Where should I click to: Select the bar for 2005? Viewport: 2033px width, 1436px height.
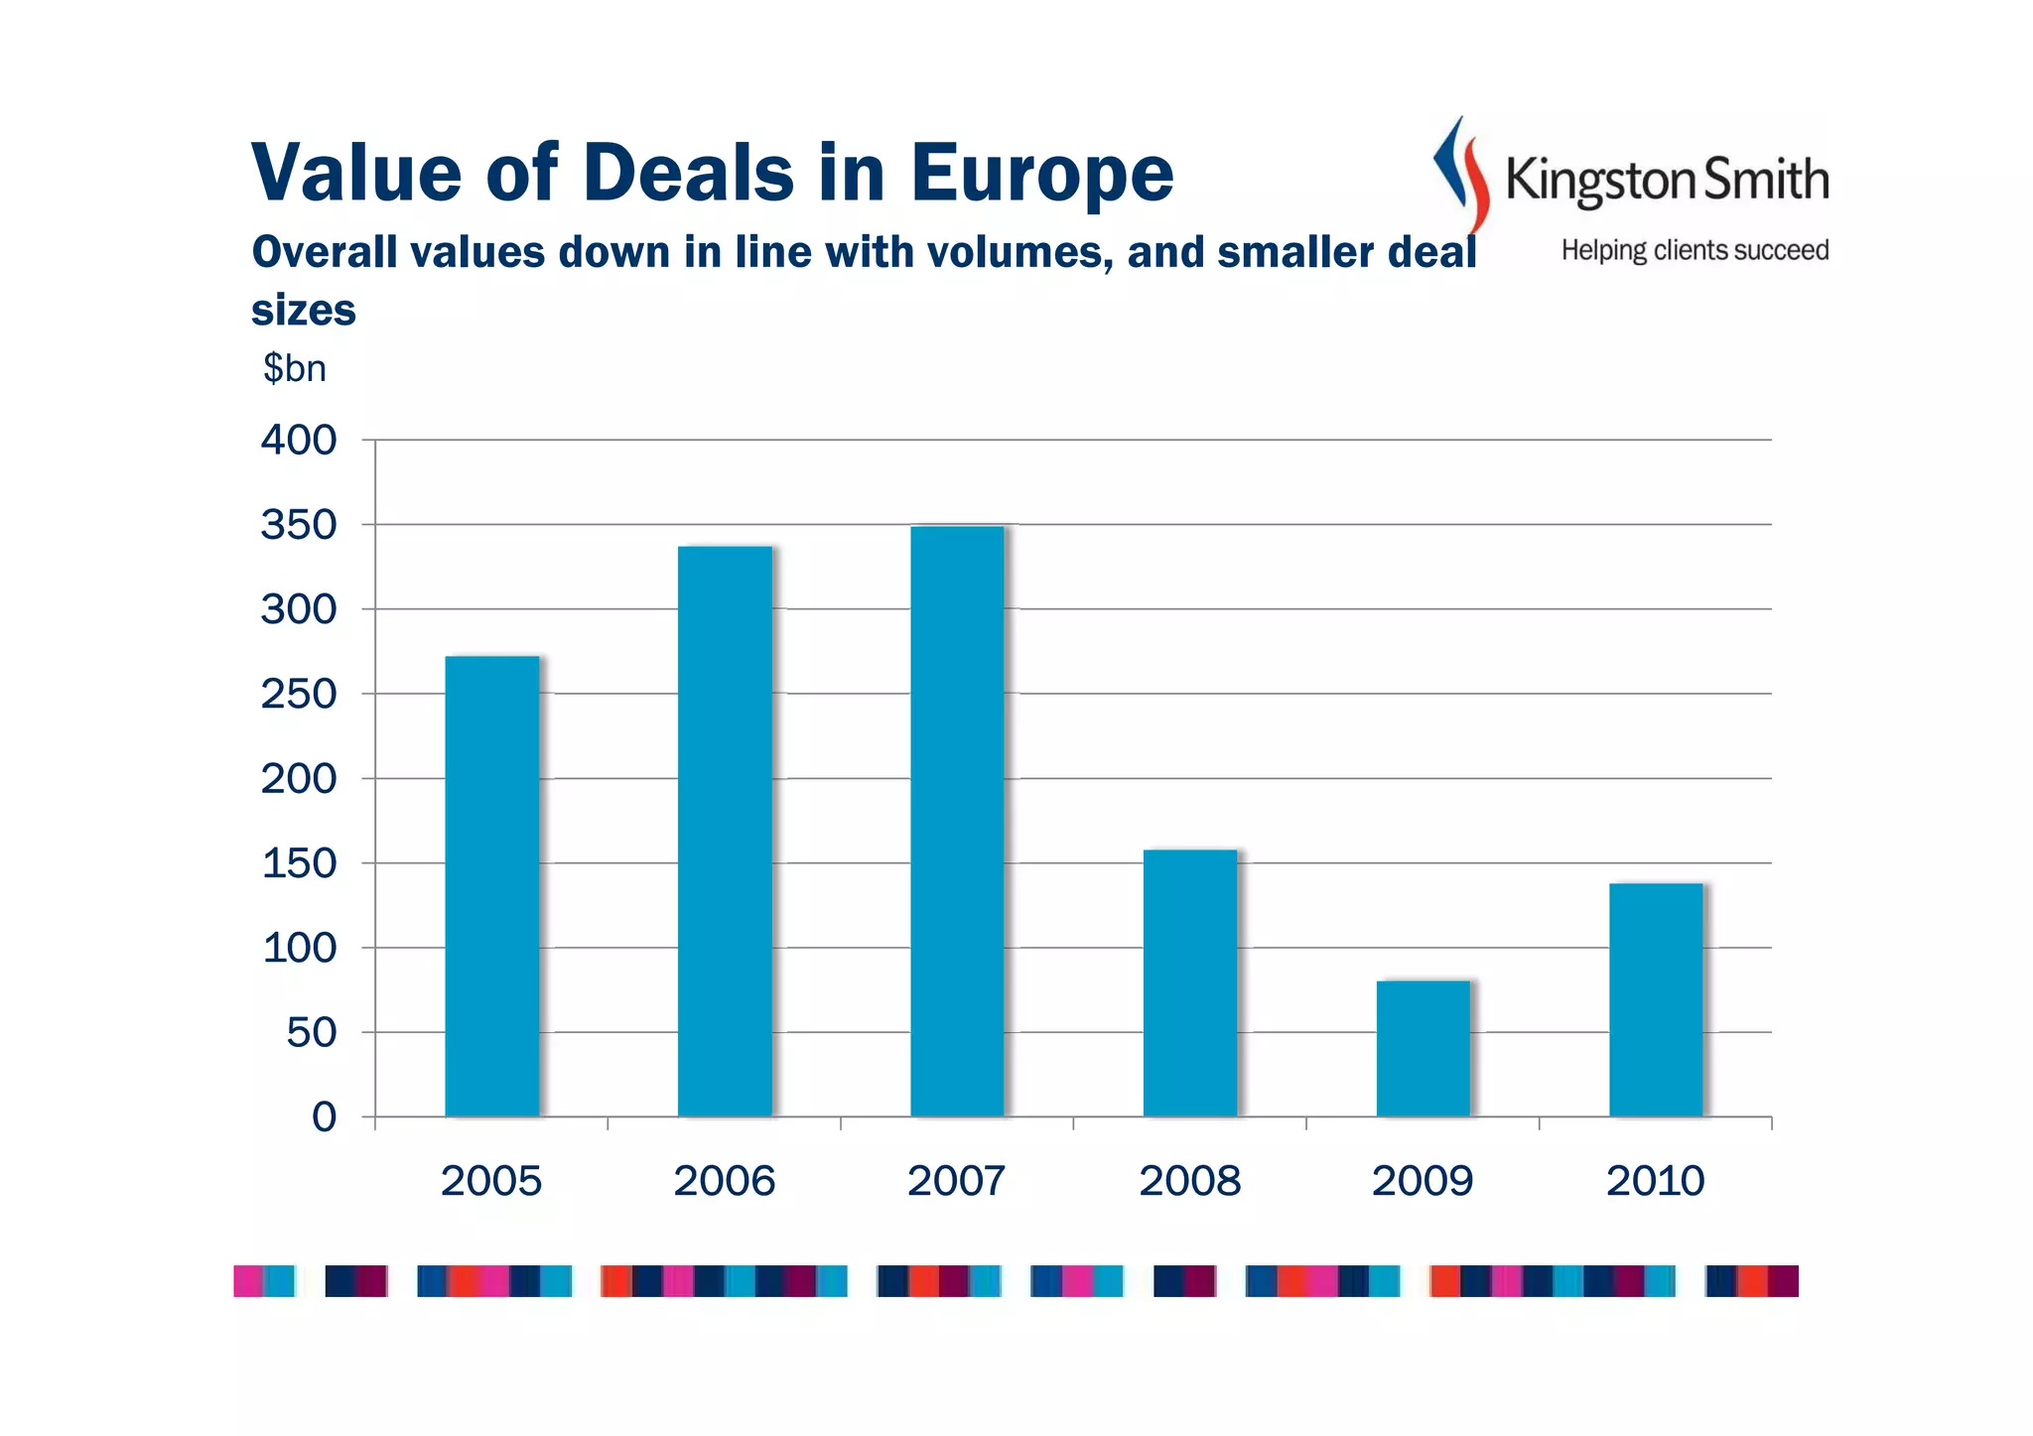point(491,886)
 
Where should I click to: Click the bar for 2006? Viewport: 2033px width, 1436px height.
point(725,832)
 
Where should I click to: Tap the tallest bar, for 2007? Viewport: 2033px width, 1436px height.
point(957,822)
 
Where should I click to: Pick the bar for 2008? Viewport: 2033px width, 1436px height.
point(1190,982)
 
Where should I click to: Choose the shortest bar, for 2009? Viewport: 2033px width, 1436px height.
point(1423,1048)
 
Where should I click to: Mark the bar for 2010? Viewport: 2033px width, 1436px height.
point(1656,999)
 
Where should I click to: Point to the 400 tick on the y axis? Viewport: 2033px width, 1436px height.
point(299,440)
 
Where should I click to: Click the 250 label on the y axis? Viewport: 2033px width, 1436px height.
point(299,694)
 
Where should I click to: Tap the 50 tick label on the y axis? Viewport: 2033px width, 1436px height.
point(311,1033)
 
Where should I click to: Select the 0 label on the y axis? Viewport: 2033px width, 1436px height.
point(324,1117)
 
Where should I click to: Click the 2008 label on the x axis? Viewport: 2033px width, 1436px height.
point(1189,1181)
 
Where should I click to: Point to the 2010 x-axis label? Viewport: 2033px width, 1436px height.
point(1655,1181)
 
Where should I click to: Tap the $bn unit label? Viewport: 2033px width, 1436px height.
point(294,368)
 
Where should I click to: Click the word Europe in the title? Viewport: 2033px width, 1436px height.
point(1041,174)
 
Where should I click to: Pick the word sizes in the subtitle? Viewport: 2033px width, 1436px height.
point(303,311)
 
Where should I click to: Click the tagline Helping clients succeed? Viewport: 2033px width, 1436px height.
point(1694,250)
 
